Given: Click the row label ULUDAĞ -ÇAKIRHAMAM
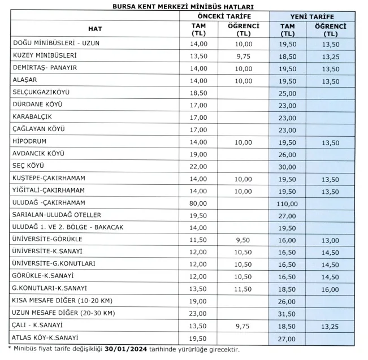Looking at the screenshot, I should pos(49,202).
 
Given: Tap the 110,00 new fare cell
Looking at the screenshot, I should pos(287,203).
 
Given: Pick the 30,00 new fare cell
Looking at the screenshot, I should pos(287,166).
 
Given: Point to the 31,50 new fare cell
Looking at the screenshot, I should pos(287,313).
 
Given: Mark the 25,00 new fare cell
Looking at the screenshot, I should pos(287,92).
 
